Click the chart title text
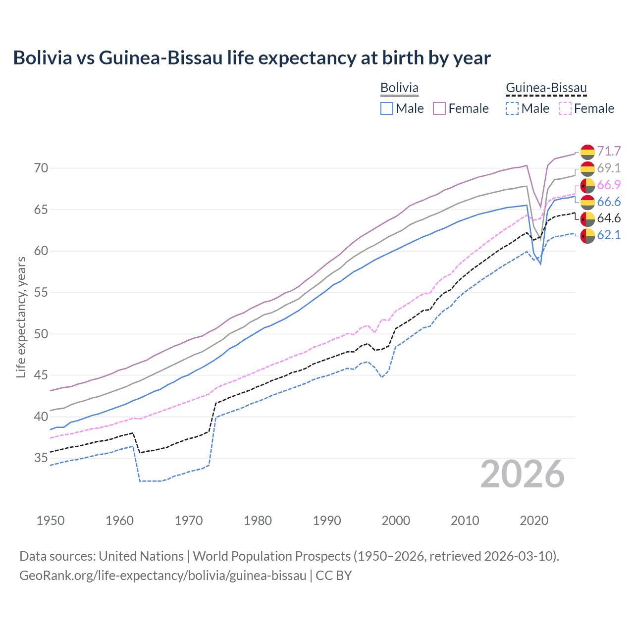point(252,58)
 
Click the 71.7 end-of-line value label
point(609,151)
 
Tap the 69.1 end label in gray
point(609,168)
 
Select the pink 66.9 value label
point(609,185)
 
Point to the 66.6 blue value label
point(609,202)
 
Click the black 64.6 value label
point(609,218)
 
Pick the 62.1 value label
point(609,235)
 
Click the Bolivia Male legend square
point(387,108)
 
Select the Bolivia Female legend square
point(439,108)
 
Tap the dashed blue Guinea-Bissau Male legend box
point(512,108)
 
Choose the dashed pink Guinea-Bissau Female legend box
point(565,108)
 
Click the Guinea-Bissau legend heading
point(546,88)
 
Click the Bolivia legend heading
point(399,88)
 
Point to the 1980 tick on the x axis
point(258,521)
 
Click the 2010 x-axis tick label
point(465,521)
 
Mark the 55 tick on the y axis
point(41,292)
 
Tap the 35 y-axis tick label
point(41,458)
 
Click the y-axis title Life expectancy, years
point(21,317)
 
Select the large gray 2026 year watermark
point(523,474)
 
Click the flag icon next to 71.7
point(587,151)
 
